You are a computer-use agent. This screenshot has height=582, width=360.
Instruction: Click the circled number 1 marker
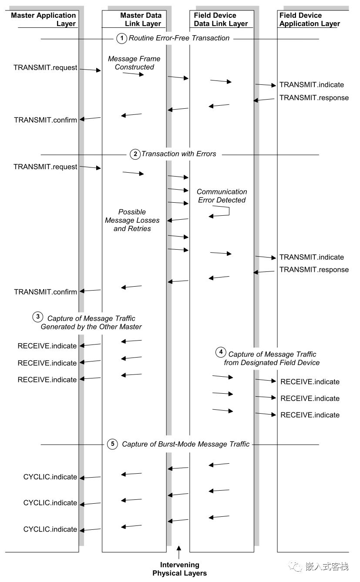tap(121, 38)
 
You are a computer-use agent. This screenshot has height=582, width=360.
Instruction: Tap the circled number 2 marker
tap(135, 154)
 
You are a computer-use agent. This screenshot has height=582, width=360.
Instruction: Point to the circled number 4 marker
tap(221, 352)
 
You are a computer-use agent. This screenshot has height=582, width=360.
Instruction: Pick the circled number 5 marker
tap(112, 444)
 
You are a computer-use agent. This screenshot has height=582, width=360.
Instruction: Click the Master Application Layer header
tap(44, 20)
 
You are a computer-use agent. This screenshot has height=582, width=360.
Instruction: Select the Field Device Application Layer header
tap(310, 20)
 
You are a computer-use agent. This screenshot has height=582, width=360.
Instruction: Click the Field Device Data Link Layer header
tap(221, 20)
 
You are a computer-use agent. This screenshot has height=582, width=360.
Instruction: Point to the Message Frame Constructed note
tap(134, 63)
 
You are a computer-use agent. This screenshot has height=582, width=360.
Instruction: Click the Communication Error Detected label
tap(222, 196)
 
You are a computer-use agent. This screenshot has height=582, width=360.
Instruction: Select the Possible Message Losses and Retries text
tap(132, 220)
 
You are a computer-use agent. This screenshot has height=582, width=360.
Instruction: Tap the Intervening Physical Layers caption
tap(179, 569)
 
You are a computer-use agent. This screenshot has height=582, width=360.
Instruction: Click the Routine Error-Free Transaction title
tap(179, 38)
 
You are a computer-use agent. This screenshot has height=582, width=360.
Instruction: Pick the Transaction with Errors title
tap(178, 154)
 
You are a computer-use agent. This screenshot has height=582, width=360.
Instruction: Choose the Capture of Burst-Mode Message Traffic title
tap(185, 444)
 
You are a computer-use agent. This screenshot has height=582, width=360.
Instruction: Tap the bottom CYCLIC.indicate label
tap(50, 529)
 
